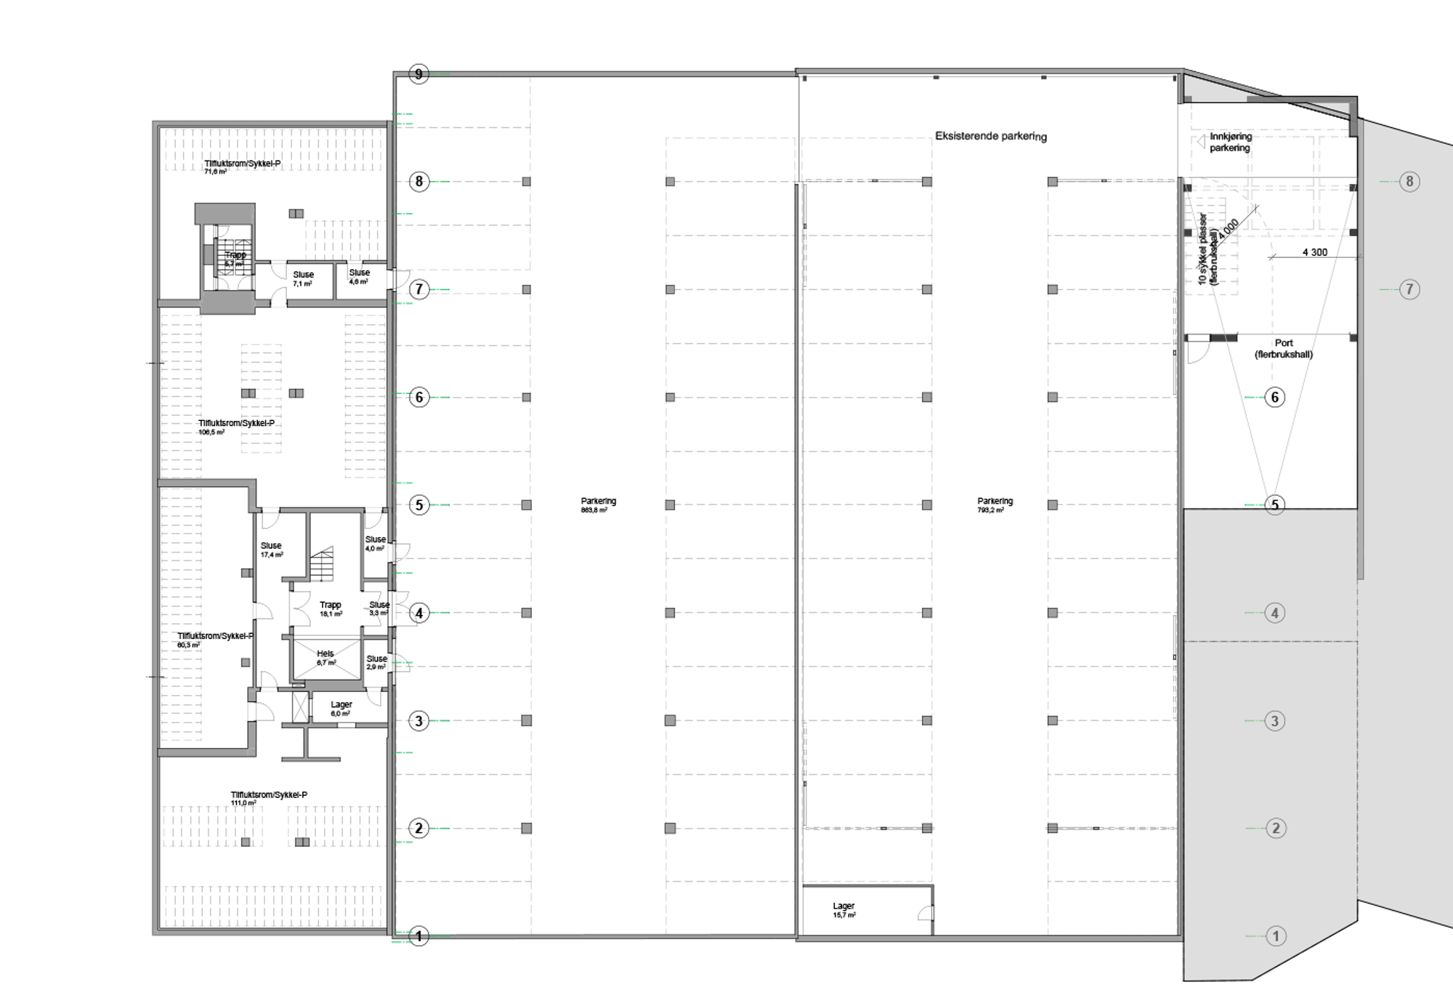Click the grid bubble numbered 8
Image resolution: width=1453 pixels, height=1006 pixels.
1409,182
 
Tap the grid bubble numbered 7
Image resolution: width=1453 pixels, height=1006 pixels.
1409,289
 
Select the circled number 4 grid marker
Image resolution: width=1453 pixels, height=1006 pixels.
1274,613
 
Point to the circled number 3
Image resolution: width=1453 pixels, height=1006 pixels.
1274,721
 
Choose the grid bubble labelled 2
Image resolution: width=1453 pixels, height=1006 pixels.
1276,828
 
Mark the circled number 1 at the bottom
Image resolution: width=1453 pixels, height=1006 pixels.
1276,936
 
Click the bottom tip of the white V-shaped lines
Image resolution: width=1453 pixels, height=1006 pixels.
1271,505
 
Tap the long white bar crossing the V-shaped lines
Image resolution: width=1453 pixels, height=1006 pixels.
1293,338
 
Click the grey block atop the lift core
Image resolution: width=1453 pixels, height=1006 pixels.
225,214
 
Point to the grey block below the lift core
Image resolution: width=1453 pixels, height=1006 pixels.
227,302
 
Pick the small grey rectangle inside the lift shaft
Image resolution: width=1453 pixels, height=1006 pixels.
209,254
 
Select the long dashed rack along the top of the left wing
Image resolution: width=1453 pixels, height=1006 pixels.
272,150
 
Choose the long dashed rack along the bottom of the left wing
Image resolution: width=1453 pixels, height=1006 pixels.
272,906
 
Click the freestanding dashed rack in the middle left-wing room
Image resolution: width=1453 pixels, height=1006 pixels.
261,398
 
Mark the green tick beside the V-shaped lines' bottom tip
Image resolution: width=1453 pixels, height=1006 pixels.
1254,504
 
